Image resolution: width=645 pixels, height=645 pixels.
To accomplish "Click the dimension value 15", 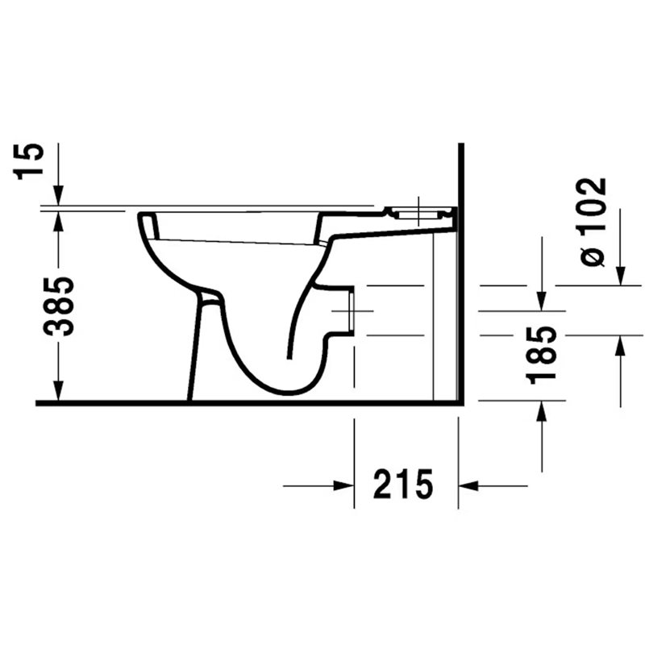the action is pyautogui.click(x=29, y=160).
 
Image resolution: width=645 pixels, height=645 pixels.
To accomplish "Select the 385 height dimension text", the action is pyautogui.click(x=59, y=306).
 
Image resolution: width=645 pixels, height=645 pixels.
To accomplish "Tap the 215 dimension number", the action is pyautogui.click(x=403, y=484).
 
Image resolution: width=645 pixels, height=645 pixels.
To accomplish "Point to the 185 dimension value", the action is pyautogui.click(x=542, y=355).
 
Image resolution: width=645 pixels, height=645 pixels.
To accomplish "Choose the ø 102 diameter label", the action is pyautogui.click(x=592, y=223).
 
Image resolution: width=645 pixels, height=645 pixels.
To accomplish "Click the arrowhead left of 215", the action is pyautogui.click(x=344, y=486).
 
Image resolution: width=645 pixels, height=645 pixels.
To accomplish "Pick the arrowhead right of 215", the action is pyautogui.click(x=468, y=486).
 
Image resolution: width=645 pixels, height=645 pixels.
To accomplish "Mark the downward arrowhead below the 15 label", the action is pyautogui.click(x=58, y=195).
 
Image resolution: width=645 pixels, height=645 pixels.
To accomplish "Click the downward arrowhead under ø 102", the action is pyautogui.click(x=620, y=275).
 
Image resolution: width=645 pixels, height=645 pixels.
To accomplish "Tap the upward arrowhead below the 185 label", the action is pyautogui.click(x=542, y=411).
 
